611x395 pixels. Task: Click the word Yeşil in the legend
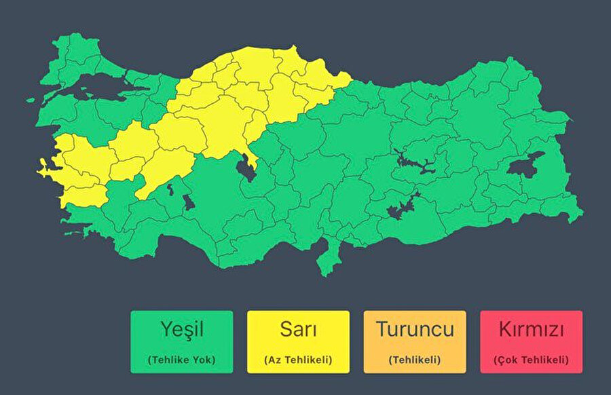(181, 331)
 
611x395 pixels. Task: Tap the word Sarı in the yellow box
(298, 331)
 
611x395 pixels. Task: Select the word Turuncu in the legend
(415, 331)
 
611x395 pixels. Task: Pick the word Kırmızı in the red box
(531, 331)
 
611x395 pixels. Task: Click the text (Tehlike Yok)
(181, 360)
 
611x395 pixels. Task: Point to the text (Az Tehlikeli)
(298, 360)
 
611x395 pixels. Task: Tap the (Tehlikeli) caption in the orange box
(415, 360)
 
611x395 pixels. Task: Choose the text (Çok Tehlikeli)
(531, 360)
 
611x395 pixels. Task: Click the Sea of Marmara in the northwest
(102, 87)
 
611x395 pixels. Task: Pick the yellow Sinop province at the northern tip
(293, 54)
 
